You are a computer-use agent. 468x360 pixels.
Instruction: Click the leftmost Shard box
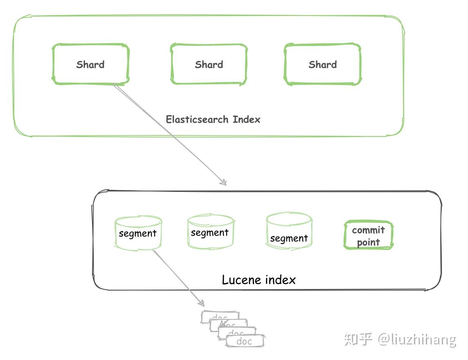[x=90, y=64]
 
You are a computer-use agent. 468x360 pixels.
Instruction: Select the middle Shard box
[x=209, y=64]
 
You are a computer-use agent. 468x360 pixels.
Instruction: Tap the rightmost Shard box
[x=322, y=64]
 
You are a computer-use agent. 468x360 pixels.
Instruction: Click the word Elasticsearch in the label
[x=197, y=119]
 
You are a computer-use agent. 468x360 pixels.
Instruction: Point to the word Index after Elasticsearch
[x=246, y=119]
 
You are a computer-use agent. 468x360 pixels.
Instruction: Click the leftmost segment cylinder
[x=138, y=233]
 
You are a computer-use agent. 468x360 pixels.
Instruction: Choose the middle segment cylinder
[x=210, y=232]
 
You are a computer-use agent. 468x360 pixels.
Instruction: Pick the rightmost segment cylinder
[x=289, y=237]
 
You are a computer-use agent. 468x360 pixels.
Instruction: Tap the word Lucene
[x=242, y=280]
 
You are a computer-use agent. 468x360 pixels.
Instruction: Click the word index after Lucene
[x=280, y=280]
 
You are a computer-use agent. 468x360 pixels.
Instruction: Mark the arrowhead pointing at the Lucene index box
[x=223, y=182]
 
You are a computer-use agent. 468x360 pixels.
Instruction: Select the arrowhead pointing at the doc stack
[x=201, y=303]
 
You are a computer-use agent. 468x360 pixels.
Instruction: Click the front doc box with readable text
[x=245, y=341]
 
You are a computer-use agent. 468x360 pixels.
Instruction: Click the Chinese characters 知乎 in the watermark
[x=358, y=339]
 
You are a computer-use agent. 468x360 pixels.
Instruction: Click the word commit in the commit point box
[x=368, y=230]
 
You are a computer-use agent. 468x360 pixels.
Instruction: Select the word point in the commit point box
[x=368, y=242]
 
